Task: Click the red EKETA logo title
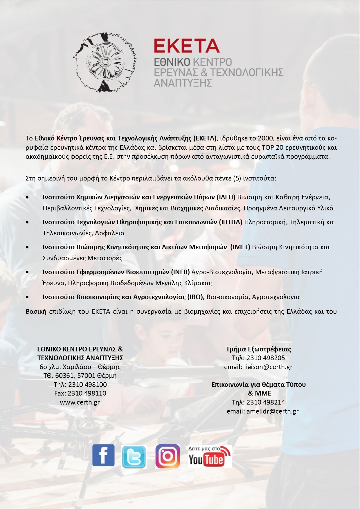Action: tap(186, 46)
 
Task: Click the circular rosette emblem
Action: tap(105, 62)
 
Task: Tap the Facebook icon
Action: tap(103, 455)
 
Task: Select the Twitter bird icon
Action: tap(134, 457)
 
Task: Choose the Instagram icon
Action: tap(168, 456)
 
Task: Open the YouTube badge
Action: tap(209, 456)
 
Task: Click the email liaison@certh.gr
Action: tap(268, 367)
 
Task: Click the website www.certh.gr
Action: tap(80, 402)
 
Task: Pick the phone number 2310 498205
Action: tap(266, 358)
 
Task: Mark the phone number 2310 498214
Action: tap(266, 402)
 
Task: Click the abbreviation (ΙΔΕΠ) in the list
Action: tap(226, 197)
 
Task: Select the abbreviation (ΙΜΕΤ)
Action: tap(240, 247)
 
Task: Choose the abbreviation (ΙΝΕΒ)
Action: tap(180, 272)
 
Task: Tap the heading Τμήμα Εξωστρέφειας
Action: tap(258, 349)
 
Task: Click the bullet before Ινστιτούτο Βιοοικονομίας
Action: tap(27, 297)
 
